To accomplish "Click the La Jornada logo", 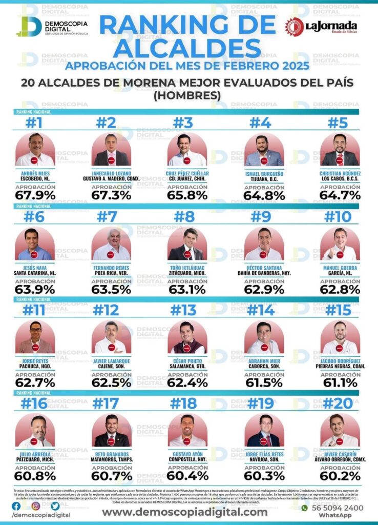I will click(x=321, y=26).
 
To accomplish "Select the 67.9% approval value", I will click(x=35, y=195).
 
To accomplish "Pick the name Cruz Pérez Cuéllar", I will click(x=187, y=173).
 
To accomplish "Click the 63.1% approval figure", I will click(x=187, y=289).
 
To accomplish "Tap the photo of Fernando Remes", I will click(x=111, y=244).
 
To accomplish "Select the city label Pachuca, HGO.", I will click(x=34, y=367).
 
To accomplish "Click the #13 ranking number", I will click(x=183, y=310).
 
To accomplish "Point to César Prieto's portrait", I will click(x=187, y=338).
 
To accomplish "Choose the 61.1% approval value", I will click(x=341, y=382).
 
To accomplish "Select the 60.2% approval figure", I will click(x=341, y=476).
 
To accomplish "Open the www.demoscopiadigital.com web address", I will click(x=185, y=512).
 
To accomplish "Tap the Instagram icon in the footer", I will click(x=35, y=506).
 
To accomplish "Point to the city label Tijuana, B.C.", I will click(x=264, y=178).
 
